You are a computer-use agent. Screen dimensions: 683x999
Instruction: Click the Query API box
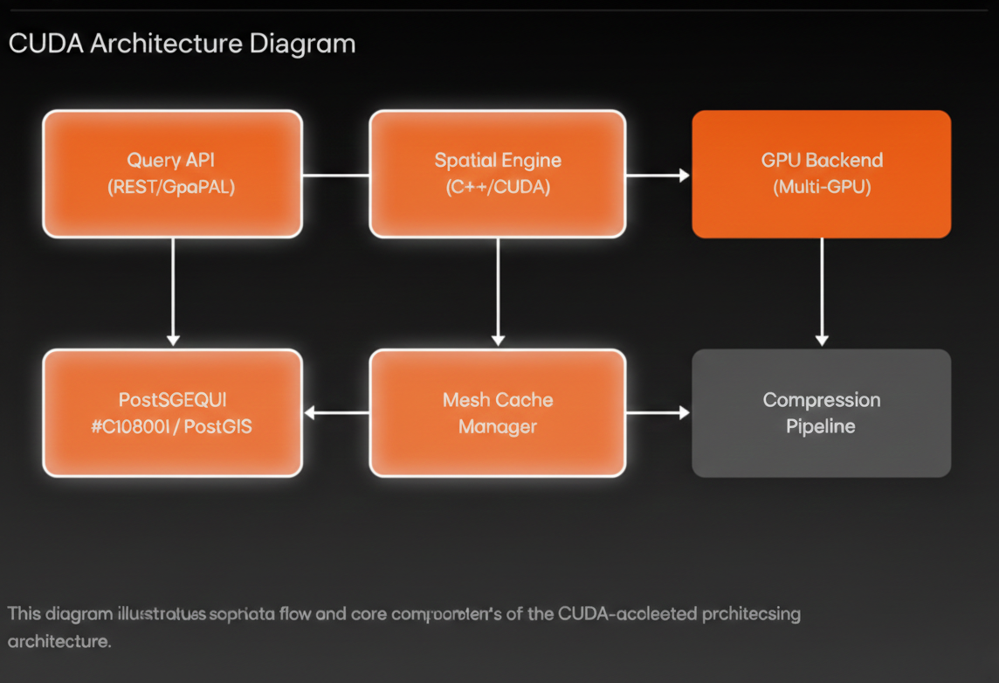172,174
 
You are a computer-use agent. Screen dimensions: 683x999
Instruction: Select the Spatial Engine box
498,174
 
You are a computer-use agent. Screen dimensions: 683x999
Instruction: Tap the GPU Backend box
821,174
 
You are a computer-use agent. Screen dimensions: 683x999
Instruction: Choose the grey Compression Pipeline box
821,413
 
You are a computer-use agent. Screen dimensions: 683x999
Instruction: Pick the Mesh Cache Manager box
498,413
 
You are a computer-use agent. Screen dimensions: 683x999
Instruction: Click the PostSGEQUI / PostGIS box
172,413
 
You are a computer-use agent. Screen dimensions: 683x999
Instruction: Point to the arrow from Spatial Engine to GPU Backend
658,176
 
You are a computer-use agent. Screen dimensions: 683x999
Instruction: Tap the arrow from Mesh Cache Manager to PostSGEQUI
336,413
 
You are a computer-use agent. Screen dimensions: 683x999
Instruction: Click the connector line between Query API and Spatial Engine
336,176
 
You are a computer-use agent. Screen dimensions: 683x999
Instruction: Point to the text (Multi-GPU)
821,187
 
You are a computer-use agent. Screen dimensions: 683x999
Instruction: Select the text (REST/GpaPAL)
171,187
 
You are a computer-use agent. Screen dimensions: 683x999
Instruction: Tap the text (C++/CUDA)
498,187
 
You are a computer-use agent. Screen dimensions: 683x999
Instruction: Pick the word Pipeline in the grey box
821,427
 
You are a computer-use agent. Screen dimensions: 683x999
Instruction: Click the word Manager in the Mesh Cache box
498,427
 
